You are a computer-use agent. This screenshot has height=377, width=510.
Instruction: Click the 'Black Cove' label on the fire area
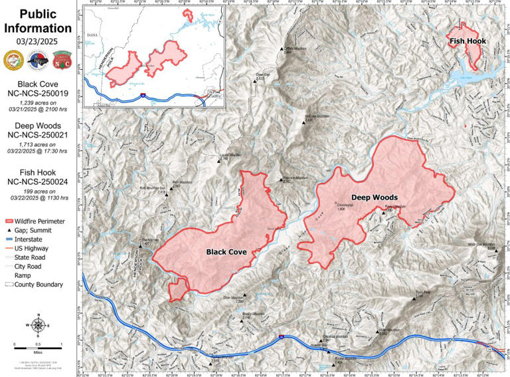coord(226,252)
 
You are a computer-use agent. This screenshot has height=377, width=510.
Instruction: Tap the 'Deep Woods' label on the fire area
coord(374,197)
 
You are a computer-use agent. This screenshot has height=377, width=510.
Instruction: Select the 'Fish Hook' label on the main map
coord(467,41)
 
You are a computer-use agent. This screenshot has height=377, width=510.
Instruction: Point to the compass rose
coord(39,325)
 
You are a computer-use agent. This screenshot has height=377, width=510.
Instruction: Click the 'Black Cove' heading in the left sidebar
coord(38,84)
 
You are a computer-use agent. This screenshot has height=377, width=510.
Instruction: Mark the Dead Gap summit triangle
coord(255,80)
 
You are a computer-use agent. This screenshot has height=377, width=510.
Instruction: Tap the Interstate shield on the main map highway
coord(281,337)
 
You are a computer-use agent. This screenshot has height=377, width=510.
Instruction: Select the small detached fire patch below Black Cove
coord(178,289)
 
